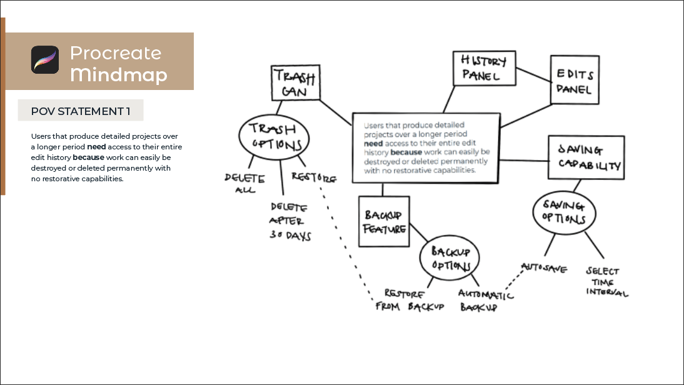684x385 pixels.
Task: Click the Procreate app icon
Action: point(45,60)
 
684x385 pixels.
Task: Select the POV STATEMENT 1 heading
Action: point(81,111)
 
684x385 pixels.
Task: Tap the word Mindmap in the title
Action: point(118,75)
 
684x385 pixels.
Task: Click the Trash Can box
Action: point(296,83)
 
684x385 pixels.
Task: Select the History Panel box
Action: point(484,68)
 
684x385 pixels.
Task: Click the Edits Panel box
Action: point(575,80)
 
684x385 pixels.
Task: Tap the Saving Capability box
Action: point(586,158)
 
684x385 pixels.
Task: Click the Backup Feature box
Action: point(384,222)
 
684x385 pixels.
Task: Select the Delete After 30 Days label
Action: point(290,221)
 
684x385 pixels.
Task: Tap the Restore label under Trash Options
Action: point(314,178)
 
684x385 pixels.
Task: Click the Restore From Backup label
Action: point(410,300)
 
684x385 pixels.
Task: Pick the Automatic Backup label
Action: point(486,301)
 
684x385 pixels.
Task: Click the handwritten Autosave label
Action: point(544,268)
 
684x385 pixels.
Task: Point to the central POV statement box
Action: point(426,147)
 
